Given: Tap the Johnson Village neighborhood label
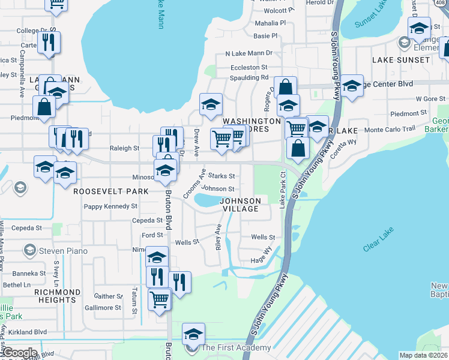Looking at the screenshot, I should [x=240, y=205].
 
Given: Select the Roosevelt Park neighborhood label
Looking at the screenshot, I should [x=111, y=191].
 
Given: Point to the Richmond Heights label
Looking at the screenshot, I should [x=58, y=296].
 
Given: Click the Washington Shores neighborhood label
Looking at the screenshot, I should [x=252, y=125].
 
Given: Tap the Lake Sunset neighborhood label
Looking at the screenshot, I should [x=401, y=60].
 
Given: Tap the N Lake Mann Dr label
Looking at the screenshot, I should [x=249, y=53].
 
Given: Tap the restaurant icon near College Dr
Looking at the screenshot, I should [x=49, y=42].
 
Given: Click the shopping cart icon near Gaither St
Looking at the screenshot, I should [x=159, y=298].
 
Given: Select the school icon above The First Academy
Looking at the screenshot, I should [x=193, y=333].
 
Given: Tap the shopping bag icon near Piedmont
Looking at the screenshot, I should [x=44, y=106].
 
